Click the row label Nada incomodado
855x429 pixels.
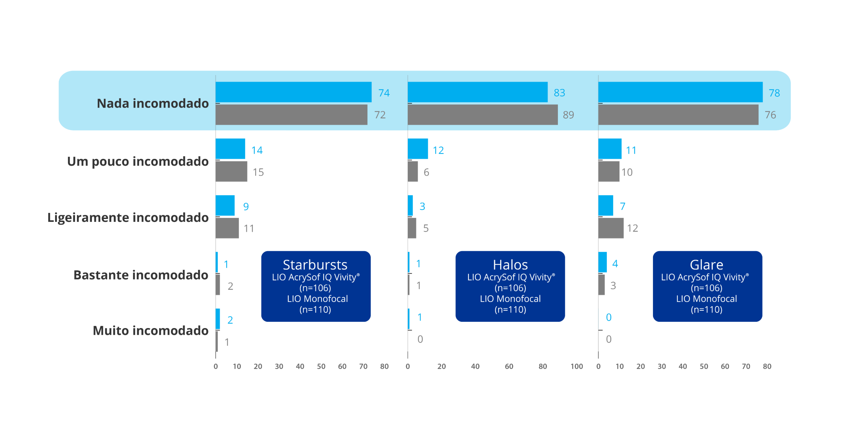click(153, 104)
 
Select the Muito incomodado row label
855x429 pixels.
click(151, 331)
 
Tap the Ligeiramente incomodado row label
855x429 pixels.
click(128, 218)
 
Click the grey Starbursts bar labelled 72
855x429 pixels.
click(291, 115)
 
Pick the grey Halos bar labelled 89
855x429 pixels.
click(483, 115)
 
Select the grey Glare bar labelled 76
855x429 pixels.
click(678, 115)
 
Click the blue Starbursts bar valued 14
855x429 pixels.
click(230, 149)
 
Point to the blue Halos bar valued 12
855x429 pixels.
click(418, 149)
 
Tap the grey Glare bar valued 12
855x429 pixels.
click(611, 228)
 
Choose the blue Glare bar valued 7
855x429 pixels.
click(606, 206)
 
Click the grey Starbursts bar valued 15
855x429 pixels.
click(231, 172)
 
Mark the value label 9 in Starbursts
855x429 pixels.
click(246, 207)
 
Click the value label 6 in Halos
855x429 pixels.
click(427, 172)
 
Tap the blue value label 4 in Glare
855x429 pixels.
click(615, 264)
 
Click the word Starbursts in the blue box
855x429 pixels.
click(315, 265)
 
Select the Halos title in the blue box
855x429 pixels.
click(510, 265)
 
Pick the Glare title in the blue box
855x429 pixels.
click(706, 265)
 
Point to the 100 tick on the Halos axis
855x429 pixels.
click(577, 367)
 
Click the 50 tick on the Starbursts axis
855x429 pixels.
click(321, 367)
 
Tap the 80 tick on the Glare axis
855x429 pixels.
click(767, 367)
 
